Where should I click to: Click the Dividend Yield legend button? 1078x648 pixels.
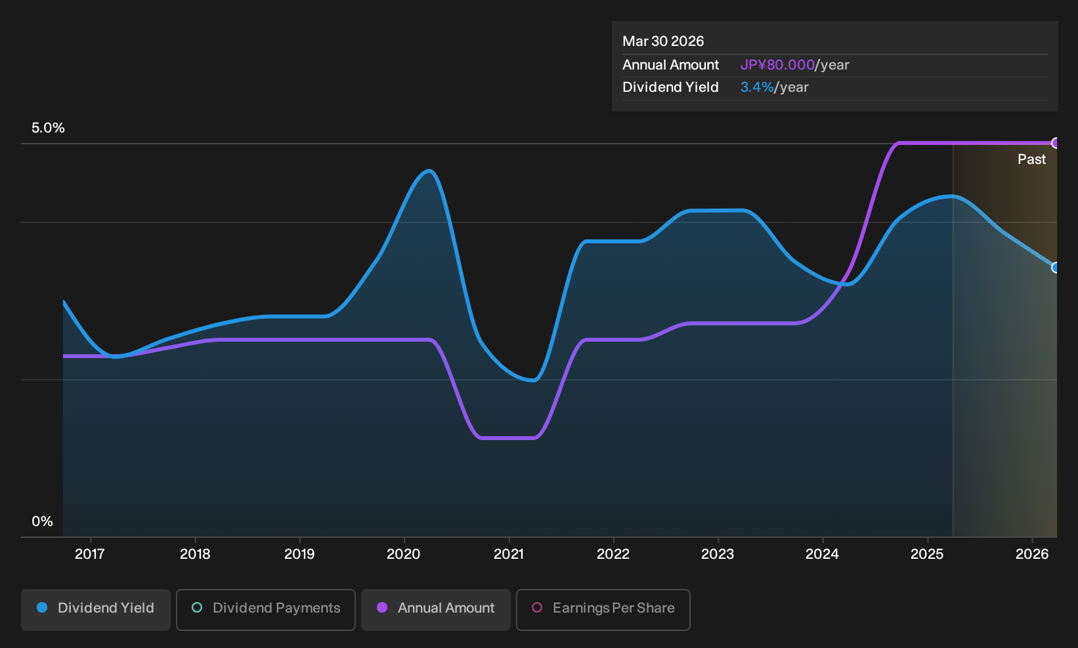click(x=96, y=609)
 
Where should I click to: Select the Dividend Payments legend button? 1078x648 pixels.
click(x=266, y=609)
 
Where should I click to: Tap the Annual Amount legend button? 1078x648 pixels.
click(x=435, y=609)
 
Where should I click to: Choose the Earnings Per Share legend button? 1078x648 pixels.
click(x=603, y=609)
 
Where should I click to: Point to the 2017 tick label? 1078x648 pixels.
click(x=90, y=554)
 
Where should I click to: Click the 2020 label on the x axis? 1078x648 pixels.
click(x=404, y=554)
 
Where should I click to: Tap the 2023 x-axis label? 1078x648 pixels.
click(x=718, y=554)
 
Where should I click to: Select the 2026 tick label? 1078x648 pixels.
click(x=1032, y=554)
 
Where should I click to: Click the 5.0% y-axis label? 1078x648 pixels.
click(x=48, y=128)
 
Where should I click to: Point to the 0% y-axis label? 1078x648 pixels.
click(x=43, y=521)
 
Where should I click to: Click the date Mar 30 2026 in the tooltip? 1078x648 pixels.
click(x=663, y=41)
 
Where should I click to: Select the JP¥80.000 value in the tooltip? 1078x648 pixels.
click(x=777, y=65)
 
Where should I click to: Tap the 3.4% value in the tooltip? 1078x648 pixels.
click(x=757, y=87)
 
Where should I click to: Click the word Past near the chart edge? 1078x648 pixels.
click(x=1032, y=159)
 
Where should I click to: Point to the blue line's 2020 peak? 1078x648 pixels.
click(x=429, y=171)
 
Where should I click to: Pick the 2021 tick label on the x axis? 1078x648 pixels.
click(x=509, y=554)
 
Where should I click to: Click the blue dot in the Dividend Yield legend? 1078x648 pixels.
click(x=43, y=607)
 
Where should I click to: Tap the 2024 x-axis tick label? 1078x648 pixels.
click(x=823, y=554)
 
